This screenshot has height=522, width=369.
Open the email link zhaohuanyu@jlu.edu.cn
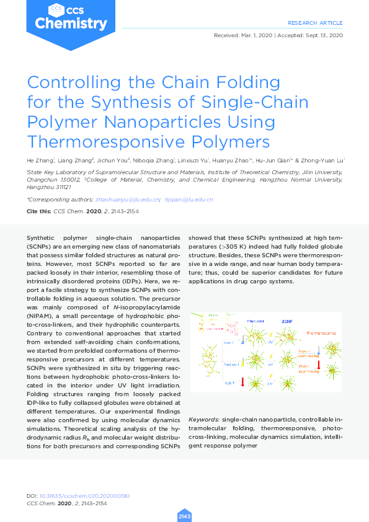128,200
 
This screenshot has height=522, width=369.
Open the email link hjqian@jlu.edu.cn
193,200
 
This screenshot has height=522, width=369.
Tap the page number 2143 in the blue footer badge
184,516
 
